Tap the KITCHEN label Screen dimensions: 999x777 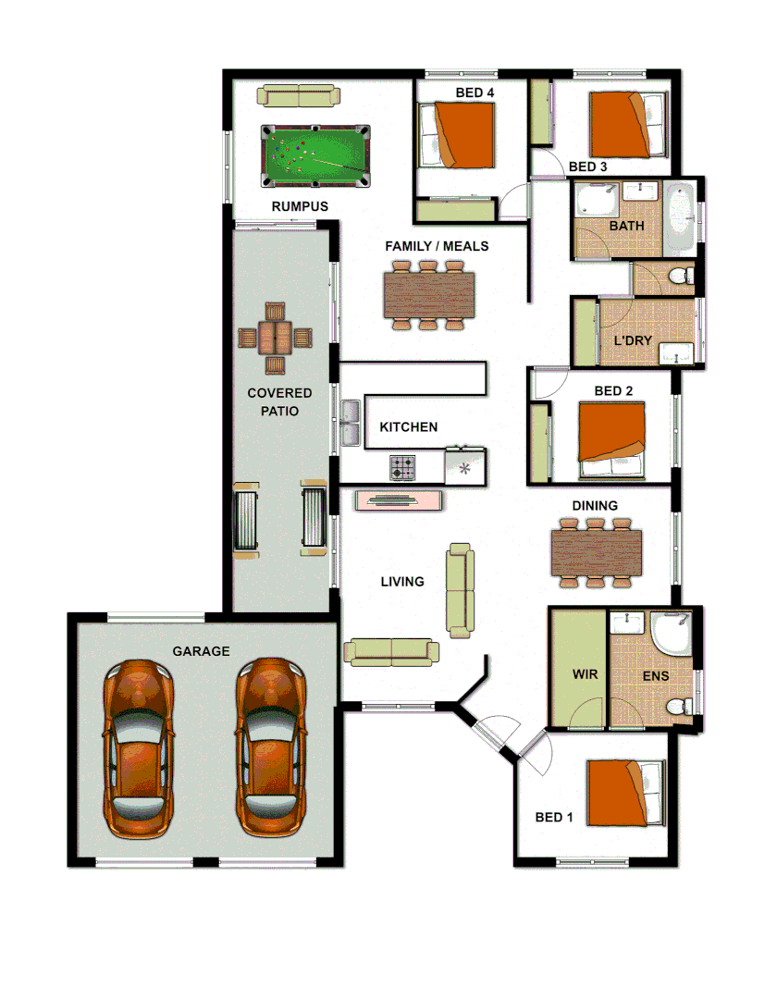click(x=408, y=427)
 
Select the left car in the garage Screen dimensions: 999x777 click(x=138, y=748)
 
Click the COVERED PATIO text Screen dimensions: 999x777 click(x=279, y=402)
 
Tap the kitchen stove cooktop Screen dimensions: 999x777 click(x=402, y=468)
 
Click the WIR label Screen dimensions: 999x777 click(x=585, y=674)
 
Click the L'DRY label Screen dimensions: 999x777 click(x=633, y=340)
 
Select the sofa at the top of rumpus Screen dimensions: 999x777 click(x=299, y=95)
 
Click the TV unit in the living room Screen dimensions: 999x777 click(x=399, y=501)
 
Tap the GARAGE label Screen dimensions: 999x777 click(x=201, y=651)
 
